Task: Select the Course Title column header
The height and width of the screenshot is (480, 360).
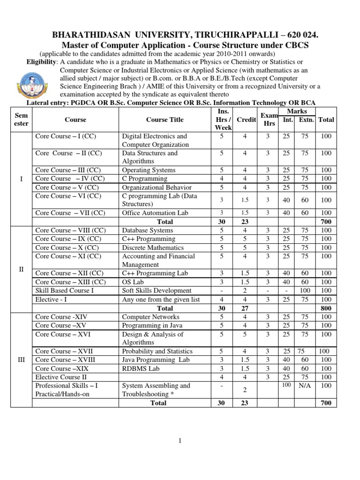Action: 165,120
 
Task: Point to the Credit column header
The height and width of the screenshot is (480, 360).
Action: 246,120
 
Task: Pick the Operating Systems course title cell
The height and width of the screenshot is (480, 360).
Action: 149,170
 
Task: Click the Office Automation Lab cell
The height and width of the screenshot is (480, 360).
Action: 155,213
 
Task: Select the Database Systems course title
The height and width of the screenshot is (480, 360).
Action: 148,230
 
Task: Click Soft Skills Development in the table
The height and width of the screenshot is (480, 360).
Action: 157,291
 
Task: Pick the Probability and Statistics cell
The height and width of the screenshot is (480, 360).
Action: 157,351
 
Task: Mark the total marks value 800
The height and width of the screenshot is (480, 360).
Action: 326,308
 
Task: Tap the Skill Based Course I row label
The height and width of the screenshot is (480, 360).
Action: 65,291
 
